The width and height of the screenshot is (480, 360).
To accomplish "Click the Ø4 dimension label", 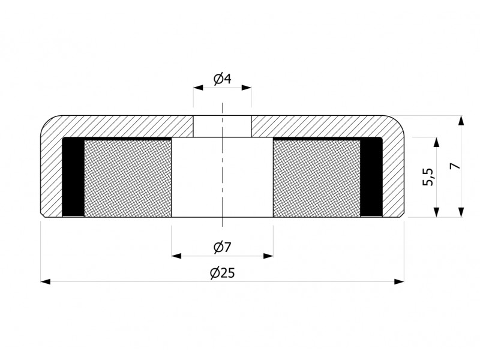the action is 223,79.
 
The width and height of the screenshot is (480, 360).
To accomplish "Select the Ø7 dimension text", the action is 222,247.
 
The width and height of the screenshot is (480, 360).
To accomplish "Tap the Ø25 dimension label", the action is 223,273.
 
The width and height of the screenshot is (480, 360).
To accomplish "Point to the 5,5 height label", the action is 428,176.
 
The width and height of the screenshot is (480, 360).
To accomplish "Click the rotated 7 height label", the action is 455,166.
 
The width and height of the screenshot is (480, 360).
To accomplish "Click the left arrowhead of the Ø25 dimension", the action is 46,281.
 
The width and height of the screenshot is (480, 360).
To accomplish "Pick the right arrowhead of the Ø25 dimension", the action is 399,281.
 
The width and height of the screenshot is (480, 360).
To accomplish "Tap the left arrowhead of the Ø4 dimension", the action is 198,88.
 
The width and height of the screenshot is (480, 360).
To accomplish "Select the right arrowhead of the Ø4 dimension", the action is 247,88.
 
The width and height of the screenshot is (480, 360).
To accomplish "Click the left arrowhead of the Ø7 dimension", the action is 176,256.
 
